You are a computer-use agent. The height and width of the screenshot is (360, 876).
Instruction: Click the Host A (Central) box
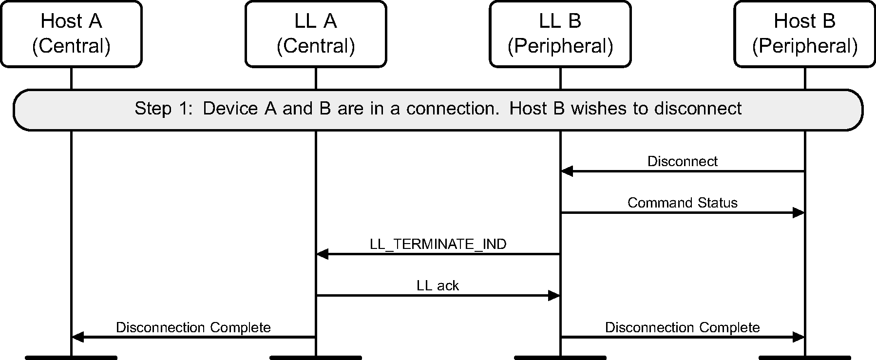[71, 34]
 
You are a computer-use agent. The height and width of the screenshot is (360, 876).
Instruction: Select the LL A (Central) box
[316, 34]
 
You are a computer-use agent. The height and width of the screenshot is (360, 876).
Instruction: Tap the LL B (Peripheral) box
[560, 34]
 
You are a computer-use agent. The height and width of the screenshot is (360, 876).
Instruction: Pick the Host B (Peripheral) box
[804, 34]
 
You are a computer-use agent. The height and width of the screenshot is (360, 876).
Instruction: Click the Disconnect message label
[682, 161]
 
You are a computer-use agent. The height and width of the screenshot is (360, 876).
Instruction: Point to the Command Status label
[682, 203]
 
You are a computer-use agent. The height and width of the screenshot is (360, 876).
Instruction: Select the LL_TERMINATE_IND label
[438, 244]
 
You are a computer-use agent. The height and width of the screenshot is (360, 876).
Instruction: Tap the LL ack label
[438, 285]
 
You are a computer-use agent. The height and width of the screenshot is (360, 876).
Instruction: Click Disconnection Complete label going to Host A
[193, 327]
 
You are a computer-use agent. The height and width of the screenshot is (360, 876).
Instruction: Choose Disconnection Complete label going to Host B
[682, 327]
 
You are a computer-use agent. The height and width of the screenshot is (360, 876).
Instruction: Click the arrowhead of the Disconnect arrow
[567, 171]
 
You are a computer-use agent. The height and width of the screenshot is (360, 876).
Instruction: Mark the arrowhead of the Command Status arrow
[799, 212]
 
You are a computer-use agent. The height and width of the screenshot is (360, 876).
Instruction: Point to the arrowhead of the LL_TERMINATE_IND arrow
[322, 254]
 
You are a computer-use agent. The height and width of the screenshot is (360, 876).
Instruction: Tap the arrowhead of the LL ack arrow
[554, 295]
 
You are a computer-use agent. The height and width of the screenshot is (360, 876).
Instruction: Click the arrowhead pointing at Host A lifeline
[77, 337]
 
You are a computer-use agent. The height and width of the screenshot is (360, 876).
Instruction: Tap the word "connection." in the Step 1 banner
[453, 108]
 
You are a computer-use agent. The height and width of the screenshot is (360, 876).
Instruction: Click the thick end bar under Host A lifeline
[71, 358]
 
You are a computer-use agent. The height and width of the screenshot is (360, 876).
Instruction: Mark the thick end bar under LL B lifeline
[560, 358]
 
